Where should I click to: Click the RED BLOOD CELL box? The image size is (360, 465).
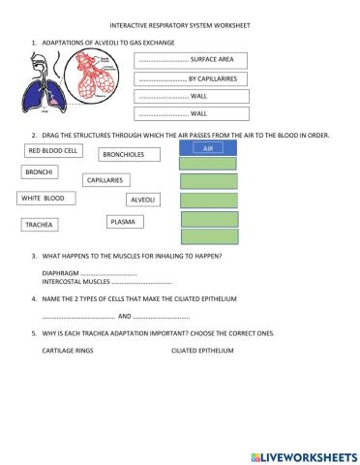[53, 151]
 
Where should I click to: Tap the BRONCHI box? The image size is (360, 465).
[40, 172]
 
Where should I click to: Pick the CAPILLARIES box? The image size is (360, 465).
[105, 180]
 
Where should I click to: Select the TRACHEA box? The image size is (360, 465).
[40, 224]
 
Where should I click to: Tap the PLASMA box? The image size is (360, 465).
[123, 222]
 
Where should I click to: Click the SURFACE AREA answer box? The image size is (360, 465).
[193, 60]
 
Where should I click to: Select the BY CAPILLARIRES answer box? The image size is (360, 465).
[193, 77]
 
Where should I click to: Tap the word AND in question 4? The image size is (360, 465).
[123, 317]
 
